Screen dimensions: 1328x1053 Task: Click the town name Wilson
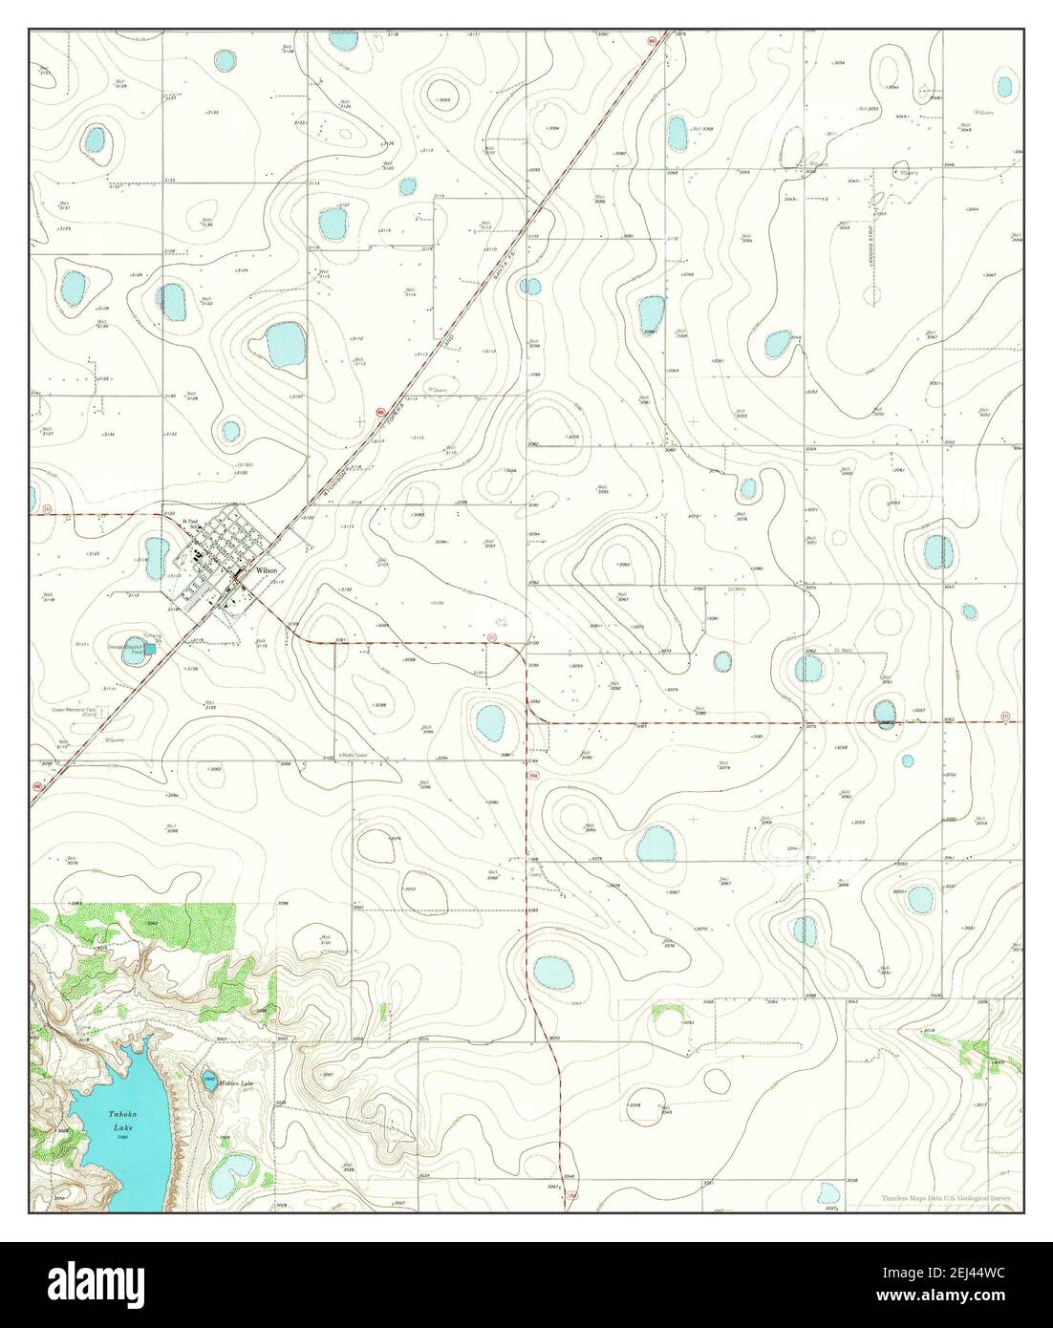(x=267, y=571)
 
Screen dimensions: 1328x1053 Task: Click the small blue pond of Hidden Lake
(x=209, y=1080)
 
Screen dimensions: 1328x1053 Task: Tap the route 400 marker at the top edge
(x=652, y=41)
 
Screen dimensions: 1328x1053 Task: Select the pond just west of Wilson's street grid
(x=152, y=549)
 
